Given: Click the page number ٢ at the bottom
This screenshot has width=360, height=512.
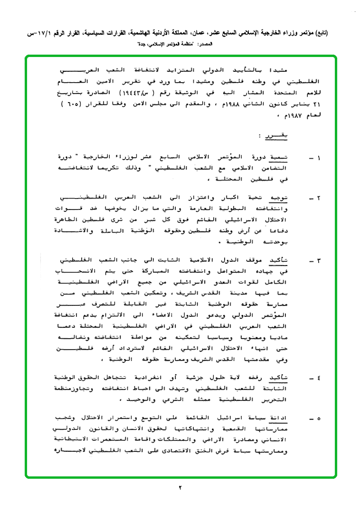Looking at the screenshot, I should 180,487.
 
